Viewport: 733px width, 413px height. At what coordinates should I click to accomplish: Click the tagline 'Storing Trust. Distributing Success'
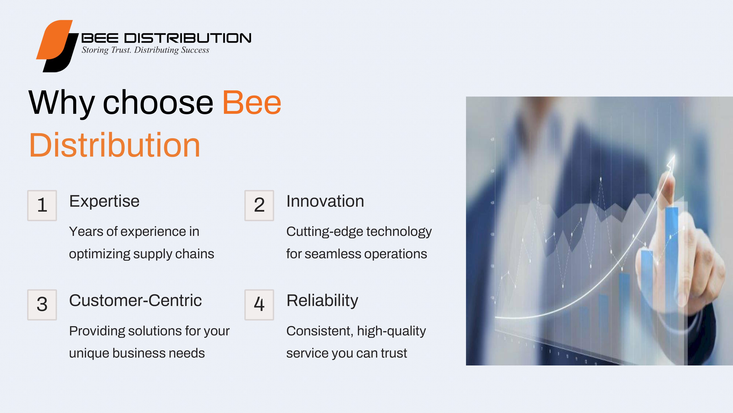point(145,50)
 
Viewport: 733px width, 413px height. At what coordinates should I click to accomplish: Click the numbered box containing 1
point(42,206)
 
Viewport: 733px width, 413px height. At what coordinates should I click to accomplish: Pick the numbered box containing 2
point(259,206)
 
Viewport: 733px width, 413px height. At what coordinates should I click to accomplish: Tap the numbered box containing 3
point(42,305)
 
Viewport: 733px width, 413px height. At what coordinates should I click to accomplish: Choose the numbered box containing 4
point(259,305)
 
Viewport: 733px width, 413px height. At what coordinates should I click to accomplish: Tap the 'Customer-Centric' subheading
point(135,300)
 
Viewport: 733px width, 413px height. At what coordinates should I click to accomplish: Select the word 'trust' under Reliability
point(394,353)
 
